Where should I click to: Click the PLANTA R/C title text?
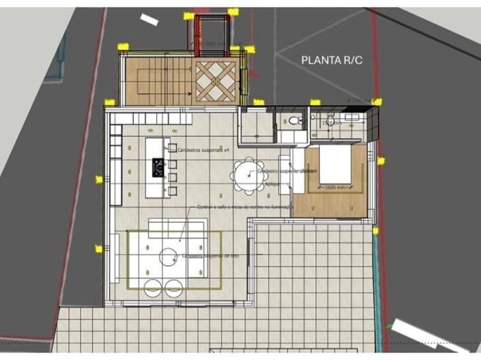click(332, 60)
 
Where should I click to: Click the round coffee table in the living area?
click(169, 257)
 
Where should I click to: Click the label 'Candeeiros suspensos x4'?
click(203, 148)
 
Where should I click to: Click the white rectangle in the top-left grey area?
click(149, 20)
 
